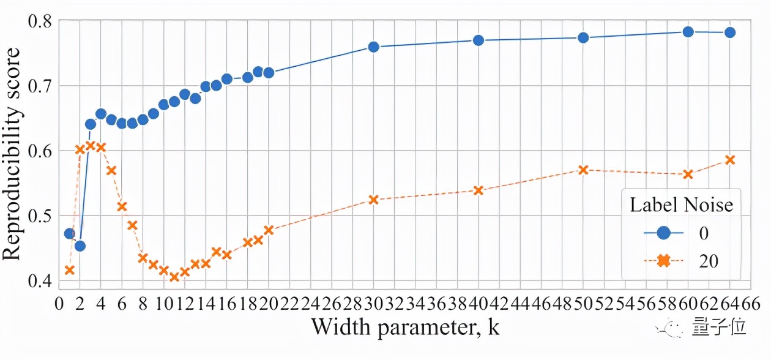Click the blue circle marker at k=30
[374, 47]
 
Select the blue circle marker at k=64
[729, 32]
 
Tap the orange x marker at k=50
[583, 170]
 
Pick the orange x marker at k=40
[479, 190]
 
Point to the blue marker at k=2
[80, 246]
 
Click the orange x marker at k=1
[69, 270]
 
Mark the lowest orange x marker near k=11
[174, 277]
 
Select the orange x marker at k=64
[729, 160]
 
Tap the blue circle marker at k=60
[688, 32]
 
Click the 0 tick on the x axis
[59, 304]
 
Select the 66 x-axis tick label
[751, 304]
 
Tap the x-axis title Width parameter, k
[405, 328]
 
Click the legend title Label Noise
[681, 204]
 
